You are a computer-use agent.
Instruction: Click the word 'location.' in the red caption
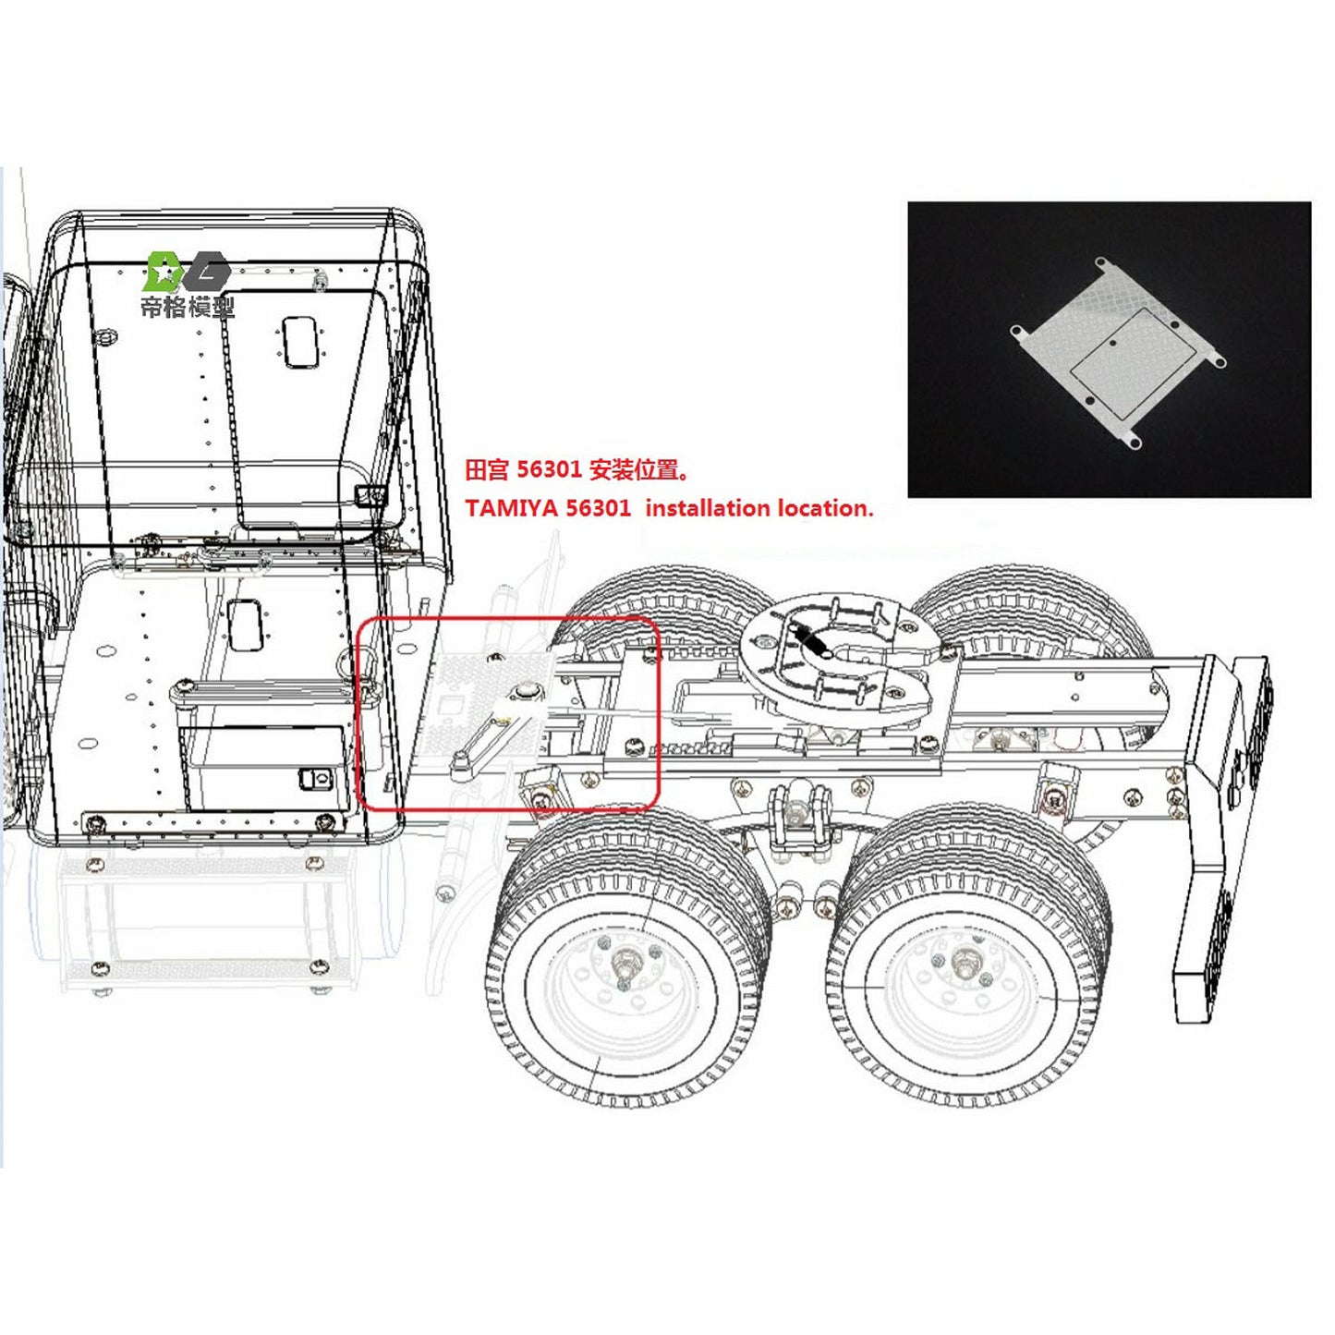pyautogui.click(x=825, y=508)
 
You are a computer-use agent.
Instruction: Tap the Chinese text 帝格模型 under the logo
pyautogui.click(x=188, y=307)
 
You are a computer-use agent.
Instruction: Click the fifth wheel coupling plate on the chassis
pyautogui.click(x=842, y=661)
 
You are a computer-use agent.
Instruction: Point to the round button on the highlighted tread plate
pyautogui.click(x=527, y=690)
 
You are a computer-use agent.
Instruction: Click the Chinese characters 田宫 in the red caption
pyautogui.click(x=487, y=470)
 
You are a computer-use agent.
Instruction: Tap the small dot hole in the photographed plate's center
pyautogui.click(x=1113, y=343)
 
